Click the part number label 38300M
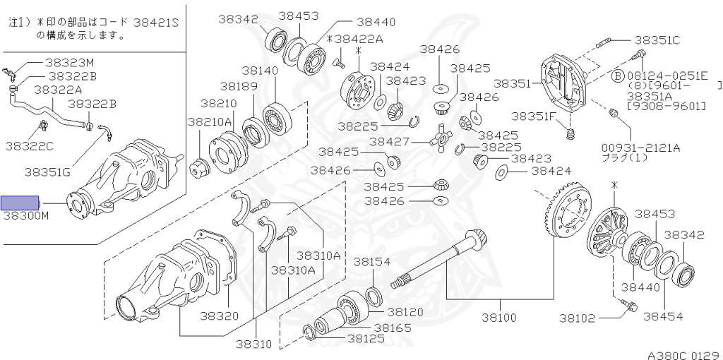[26, 215]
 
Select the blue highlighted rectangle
[20, 203]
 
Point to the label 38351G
[47, 172]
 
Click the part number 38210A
[210, 121]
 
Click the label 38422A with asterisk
[355, 39]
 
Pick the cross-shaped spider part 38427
[441, 137]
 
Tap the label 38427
[390, 141]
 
